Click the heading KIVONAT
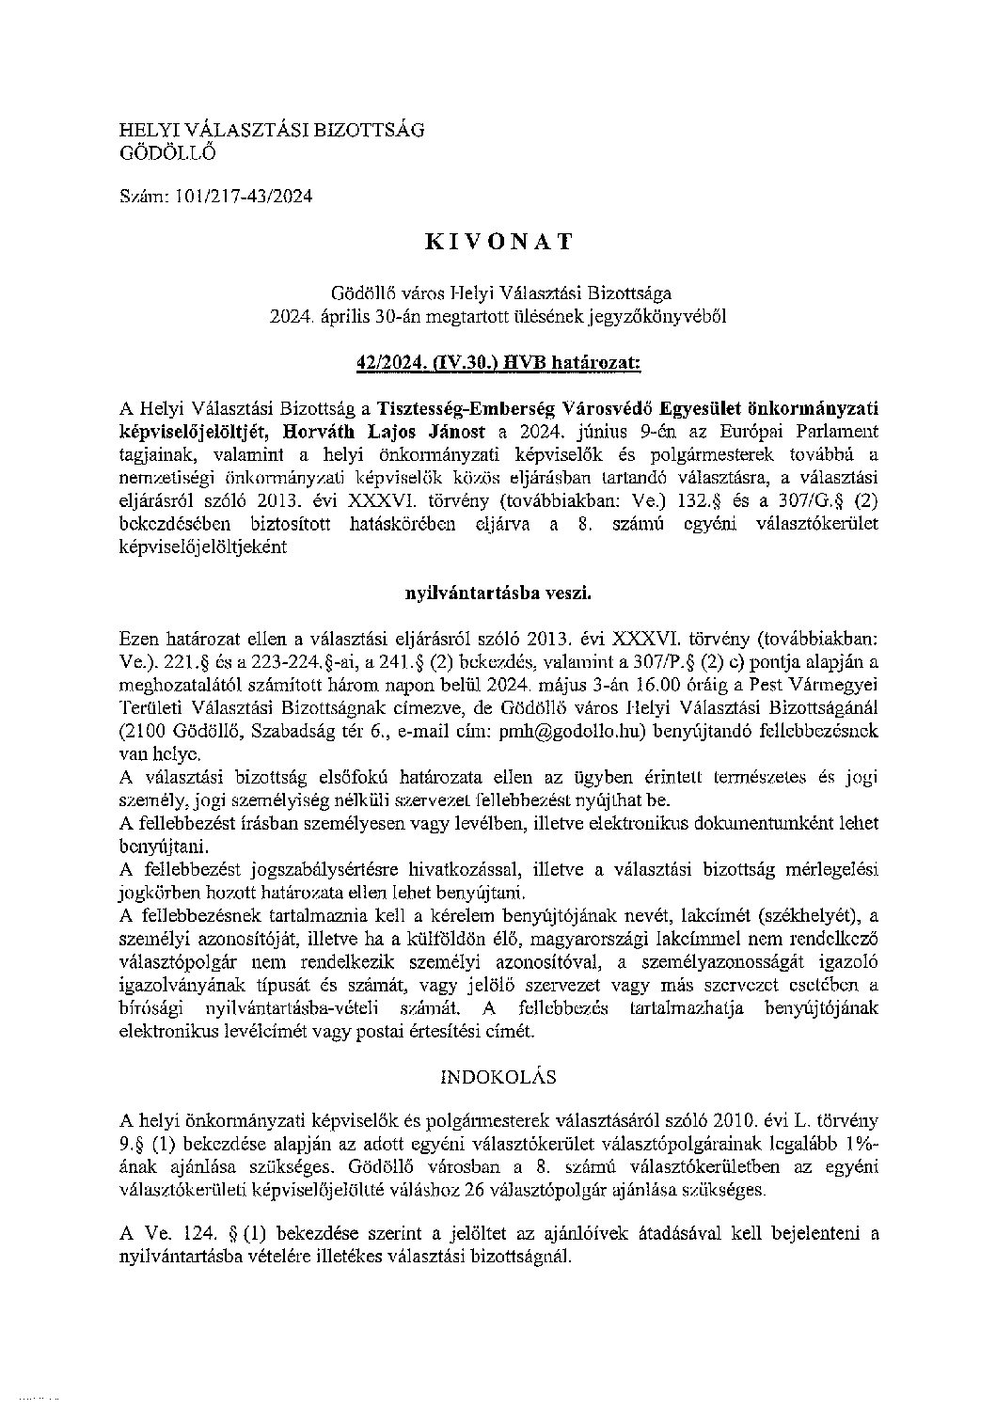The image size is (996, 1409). pyautogui.click(x=498, y=242)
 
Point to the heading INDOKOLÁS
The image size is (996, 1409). pyautogui.click(x=498, y=1075)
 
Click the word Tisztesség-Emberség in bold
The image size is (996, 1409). pyautogui.click(x=465, y=408)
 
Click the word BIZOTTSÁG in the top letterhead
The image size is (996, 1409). pyautogui.click(x=370, y=129)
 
